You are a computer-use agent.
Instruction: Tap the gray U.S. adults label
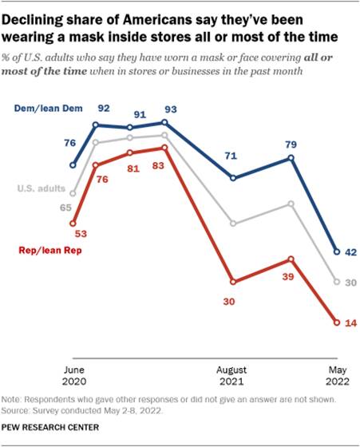point(42,189)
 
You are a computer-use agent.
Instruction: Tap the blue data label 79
point(291,144)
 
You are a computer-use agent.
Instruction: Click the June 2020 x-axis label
point(73,377)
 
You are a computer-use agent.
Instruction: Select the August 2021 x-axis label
point(232,377)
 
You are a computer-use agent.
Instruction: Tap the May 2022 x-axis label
point(335,377)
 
